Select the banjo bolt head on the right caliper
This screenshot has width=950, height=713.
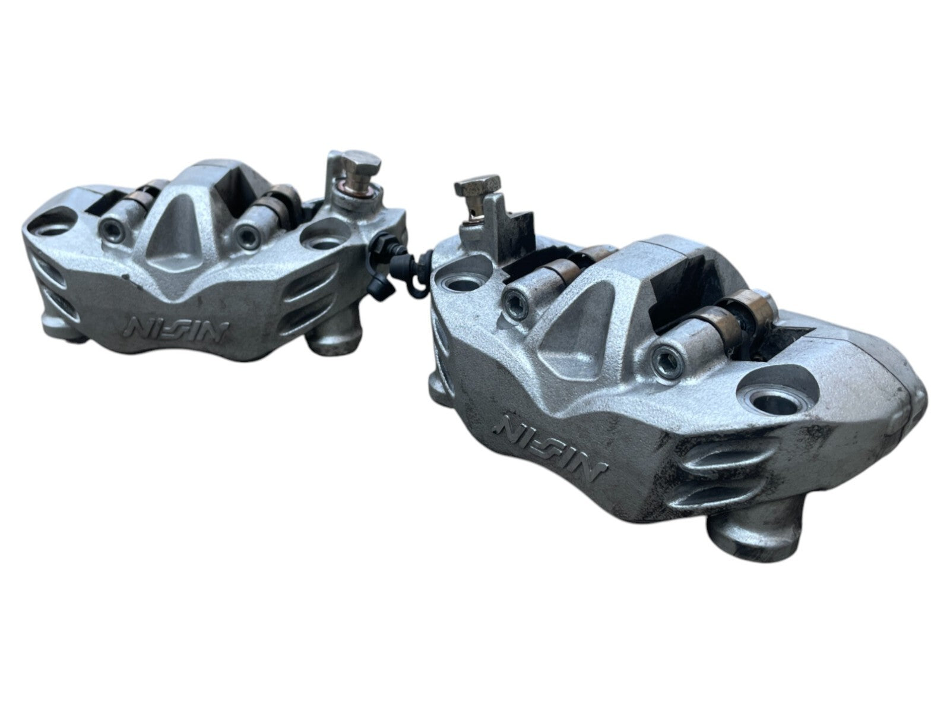[x=477, y=187]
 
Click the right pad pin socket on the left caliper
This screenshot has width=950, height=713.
[x=246, y=234]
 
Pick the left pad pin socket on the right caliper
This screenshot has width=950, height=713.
[x=514, y=298]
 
